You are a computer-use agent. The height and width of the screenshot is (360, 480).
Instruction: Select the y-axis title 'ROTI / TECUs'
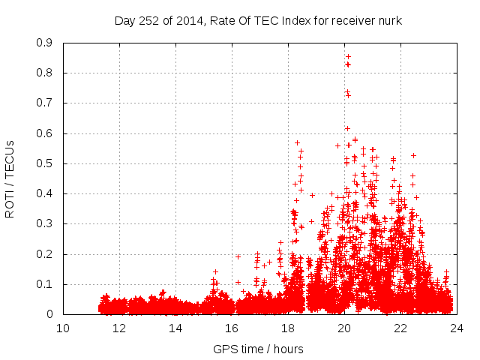(x=10, y=178)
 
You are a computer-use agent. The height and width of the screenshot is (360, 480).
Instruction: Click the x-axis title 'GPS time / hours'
(x=259, y=349)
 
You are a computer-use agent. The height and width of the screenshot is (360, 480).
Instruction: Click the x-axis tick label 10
(x=63, y=328)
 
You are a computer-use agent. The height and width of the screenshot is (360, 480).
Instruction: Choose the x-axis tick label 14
(x=175, y=328)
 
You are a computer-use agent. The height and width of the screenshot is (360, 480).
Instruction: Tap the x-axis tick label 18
(x=288, y=328)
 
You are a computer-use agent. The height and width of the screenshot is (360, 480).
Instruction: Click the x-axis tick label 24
(x=456, y=328)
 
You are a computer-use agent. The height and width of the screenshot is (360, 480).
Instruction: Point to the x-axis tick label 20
(x=344, y=328)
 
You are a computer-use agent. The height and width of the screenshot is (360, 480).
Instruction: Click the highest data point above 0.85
(x=348, y=56)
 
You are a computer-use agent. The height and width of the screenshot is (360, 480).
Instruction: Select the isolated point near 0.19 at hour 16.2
(x=238, y=256)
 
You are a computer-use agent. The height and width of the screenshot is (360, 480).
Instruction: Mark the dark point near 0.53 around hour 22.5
(x=413, y=155)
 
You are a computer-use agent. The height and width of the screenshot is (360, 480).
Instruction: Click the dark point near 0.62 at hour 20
(x=347, y=128)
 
